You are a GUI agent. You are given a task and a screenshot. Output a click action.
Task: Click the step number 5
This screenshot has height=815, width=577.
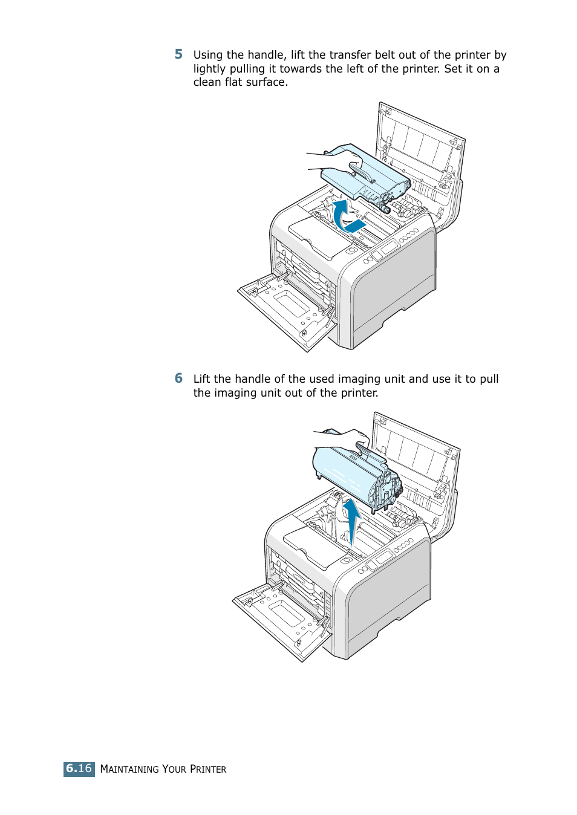178,54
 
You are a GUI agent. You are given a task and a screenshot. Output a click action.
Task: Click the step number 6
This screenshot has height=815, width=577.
178,378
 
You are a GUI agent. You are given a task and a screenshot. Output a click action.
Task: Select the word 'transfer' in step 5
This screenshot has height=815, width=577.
350,55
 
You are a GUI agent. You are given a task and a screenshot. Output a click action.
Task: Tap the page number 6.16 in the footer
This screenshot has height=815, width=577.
79,768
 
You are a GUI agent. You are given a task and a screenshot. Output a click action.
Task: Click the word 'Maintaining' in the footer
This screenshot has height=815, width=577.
129,769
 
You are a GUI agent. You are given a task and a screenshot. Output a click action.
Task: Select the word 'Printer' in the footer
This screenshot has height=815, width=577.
208,769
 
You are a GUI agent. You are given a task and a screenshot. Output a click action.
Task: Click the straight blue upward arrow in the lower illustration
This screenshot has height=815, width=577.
351,520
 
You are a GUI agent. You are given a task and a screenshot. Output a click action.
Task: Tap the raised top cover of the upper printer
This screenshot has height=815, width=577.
420,151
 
